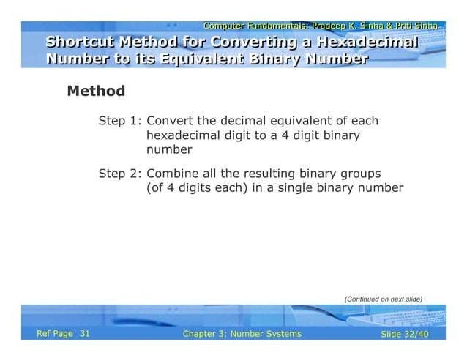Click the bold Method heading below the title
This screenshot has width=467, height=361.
pyautogui.click(x=96, y=92)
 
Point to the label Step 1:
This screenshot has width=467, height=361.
pyautogui.click(x=120, y=121)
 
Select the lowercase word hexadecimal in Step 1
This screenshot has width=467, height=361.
pyautogui.click(x=186, y=135)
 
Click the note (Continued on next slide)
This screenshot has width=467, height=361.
pyautogui.click(x=384, y=299)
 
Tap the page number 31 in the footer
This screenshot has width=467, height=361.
pyautogui.click(x=84, y=334)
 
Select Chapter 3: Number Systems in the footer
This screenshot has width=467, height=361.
pyautogui.click(x=242, y=334)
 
